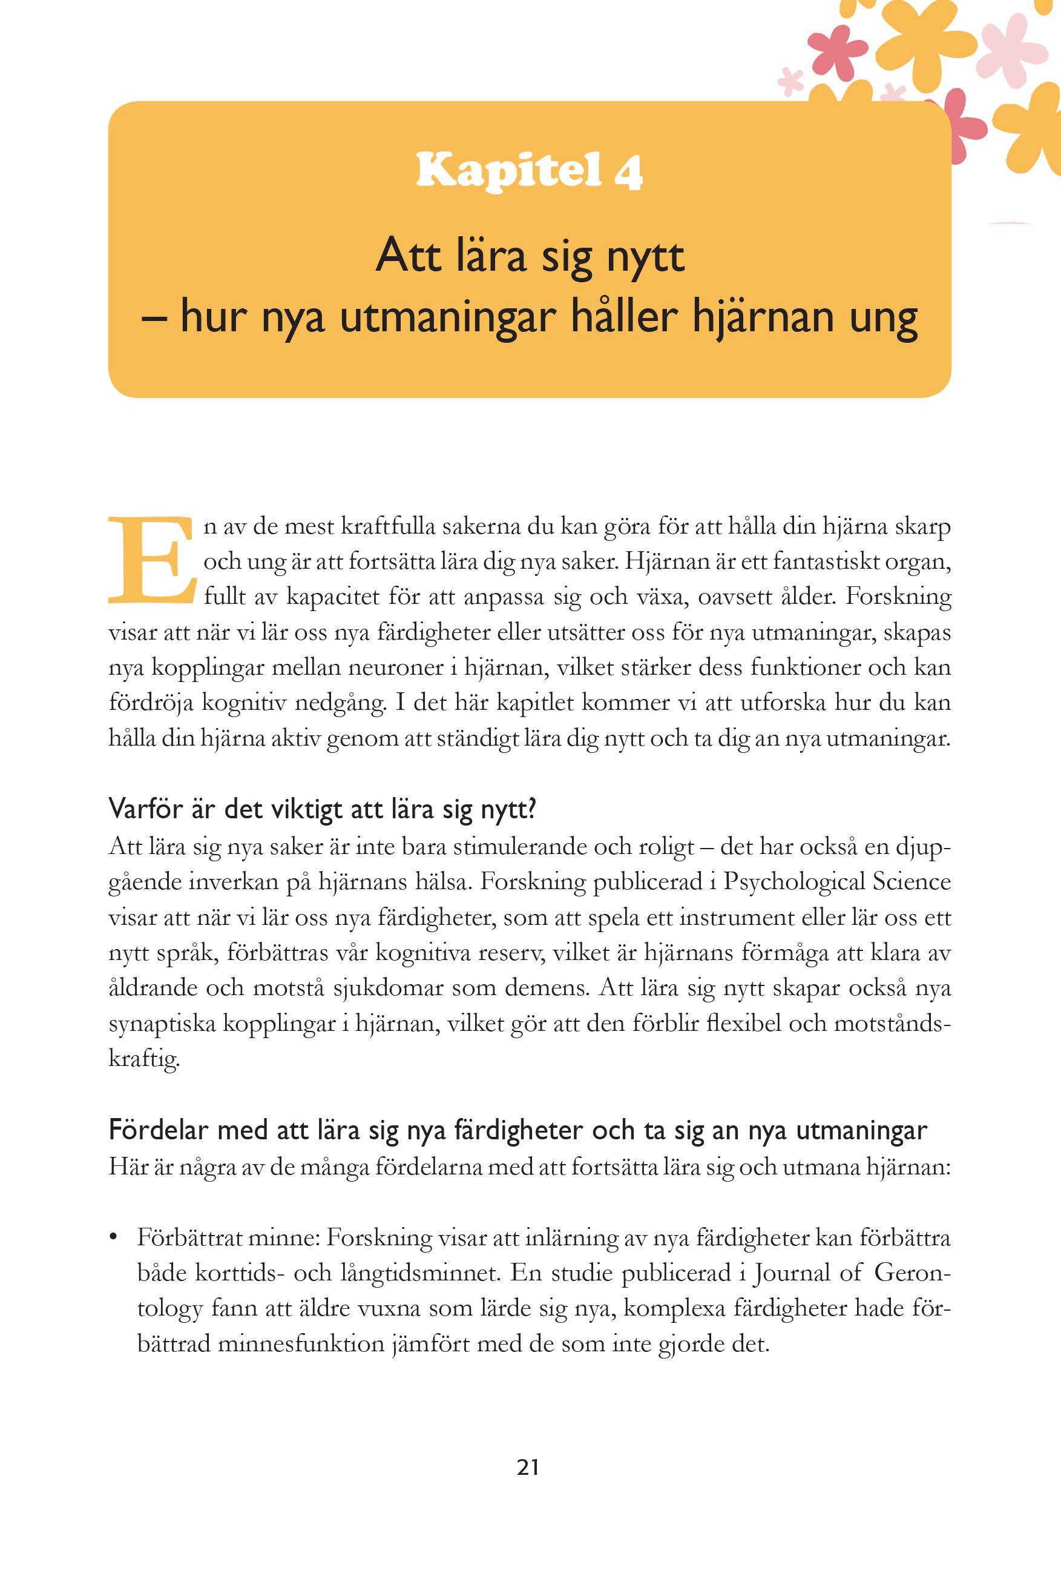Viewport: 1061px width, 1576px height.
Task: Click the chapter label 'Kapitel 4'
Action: [x=529, y=171]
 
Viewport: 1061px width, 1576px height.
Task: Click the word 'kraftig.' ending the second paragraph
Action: [x=143, y=1059]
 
